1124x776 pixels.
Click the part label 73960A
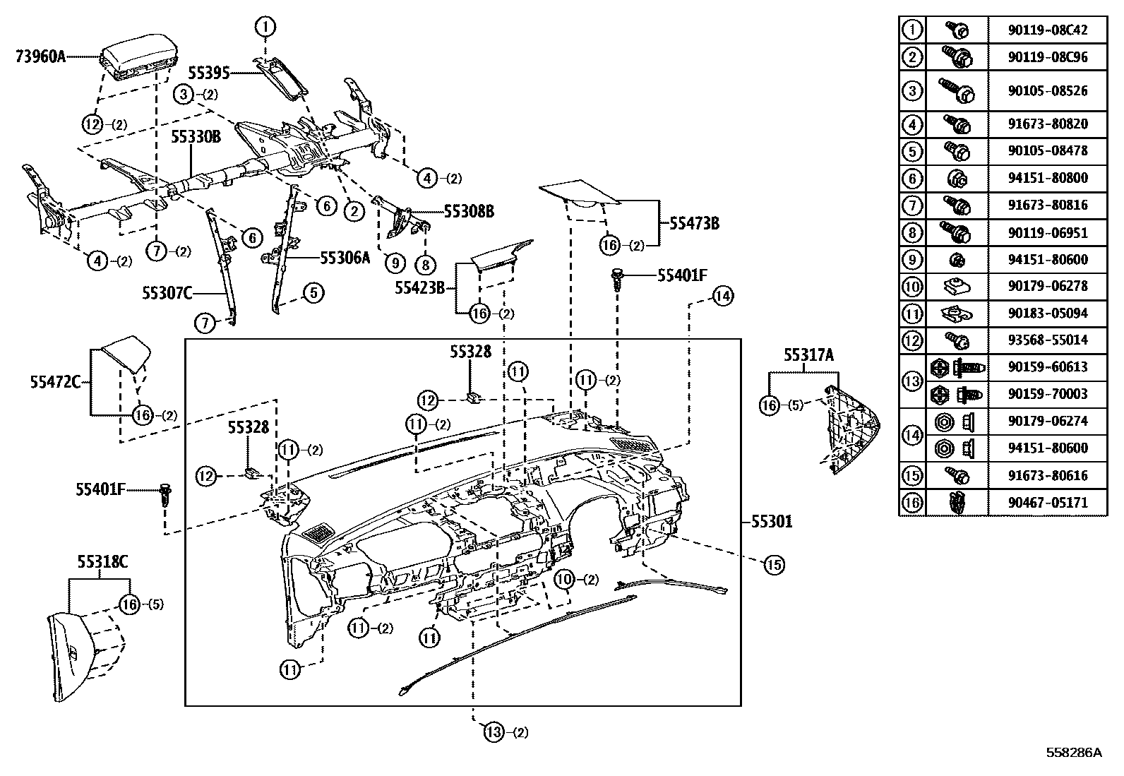(40, 56)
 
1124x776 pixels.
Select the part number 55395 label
(209, 73)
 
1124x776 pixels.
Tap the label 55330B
(196, 136)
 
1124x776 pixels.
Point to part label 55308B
(469, 211)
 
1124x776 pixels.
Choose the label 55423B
(419, 287)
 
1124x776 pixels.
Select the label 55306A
(345, 258)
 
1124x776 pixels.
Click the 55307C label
(167, 292)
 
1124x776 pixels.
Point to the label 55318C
(102, 563)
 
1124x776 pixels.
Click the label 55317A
(808, 356)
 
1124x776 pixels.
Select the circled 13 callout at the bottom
(494, 732)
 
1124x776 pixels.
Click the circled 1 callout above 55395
(265, 28)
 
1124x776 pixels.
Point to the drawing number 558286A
(1073, 753)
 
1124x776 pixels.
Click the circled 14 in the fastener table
(912, 435)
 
